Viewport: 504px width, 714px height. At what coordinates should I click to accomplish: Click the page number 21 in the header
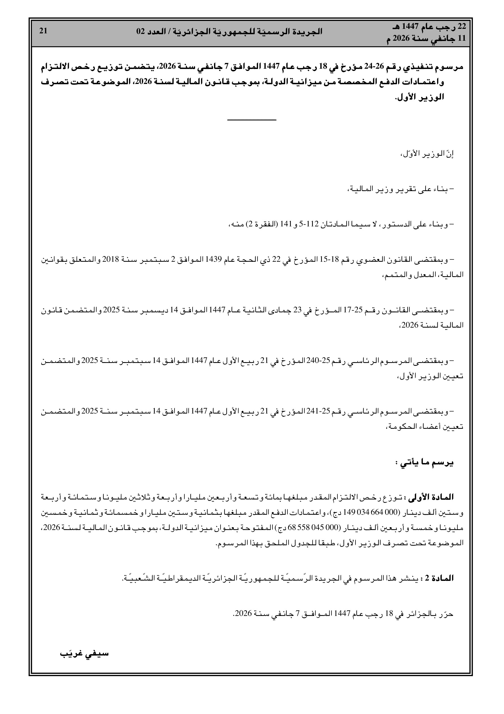43,31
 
